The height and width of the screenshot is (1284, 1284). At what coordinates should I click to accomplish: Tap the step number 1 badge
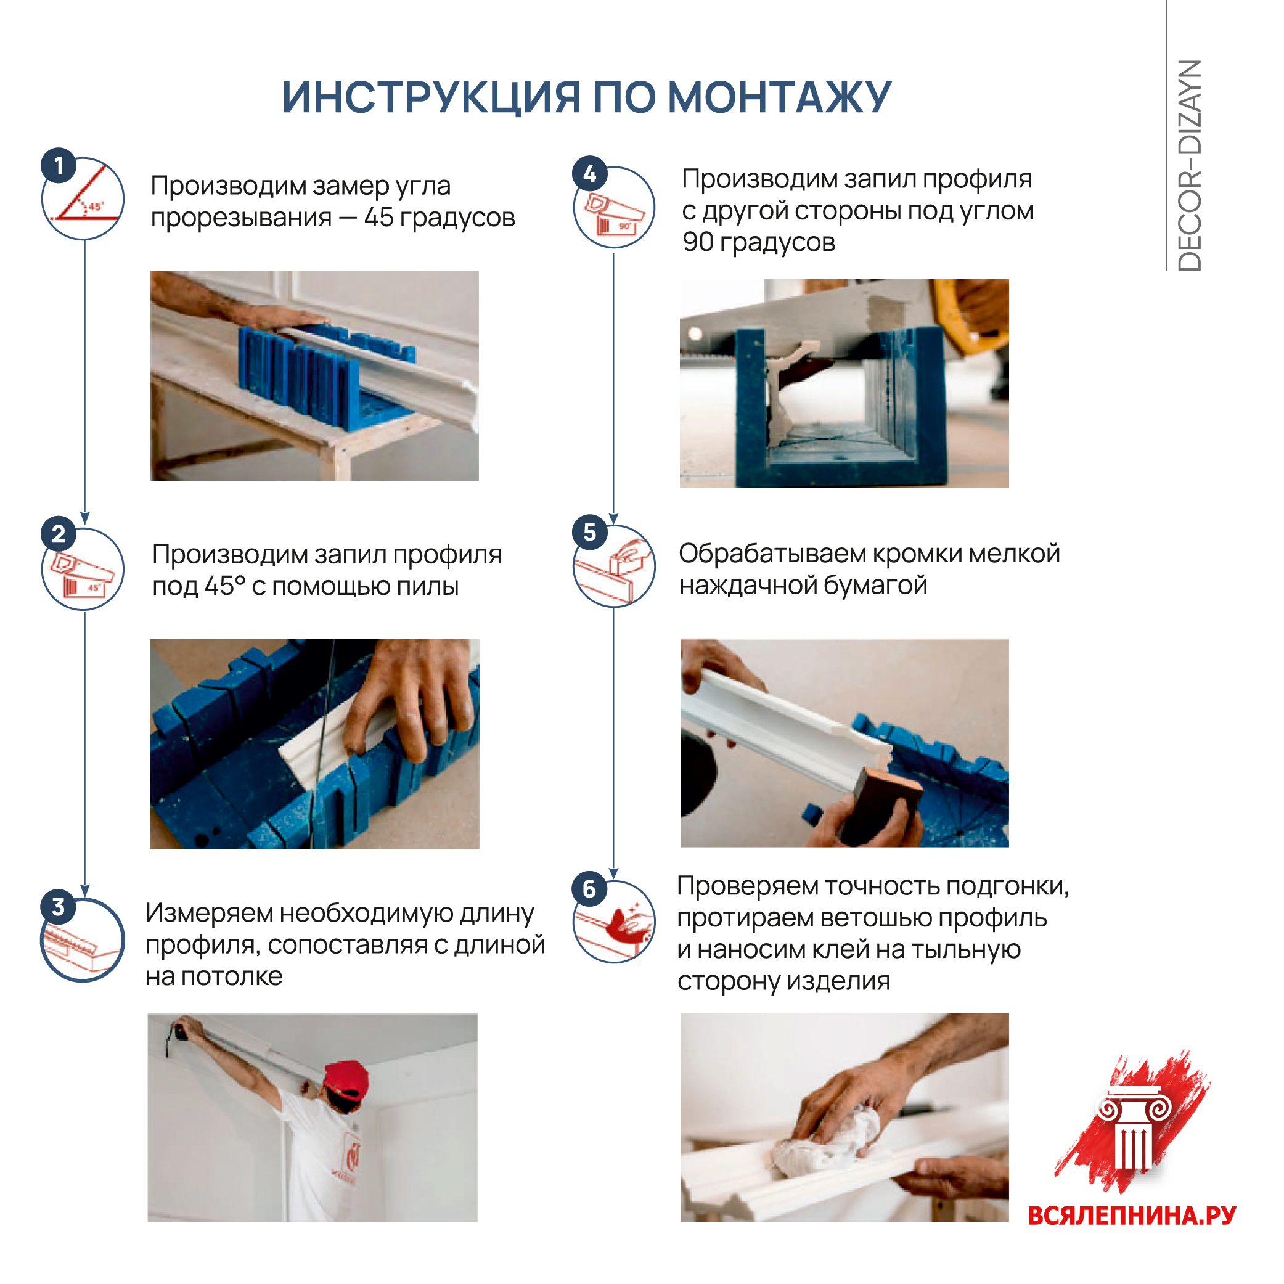pyautogui.click(x=59, y=165)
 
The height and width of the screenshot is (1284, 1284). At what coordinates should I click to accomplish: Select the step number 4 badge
pyautogui.click(x=589, y=174)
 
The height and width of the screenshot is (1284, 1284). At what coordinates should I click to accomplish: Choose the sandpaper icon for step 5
pyautogui.click(x=614, y=566)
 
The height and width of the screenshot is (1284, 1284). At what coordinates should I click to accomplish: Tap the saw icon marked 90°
pyautogui.click(x=614, y=208)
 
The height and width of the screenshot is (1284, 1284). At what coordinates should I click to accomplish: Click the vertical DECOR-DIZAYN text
pyautogui.click(x=1190, y=165)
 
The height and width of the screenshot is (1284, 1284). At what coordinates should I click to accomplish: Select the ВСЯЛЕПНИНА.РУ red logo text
pyautogui.click(x=1131, y=1216)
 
